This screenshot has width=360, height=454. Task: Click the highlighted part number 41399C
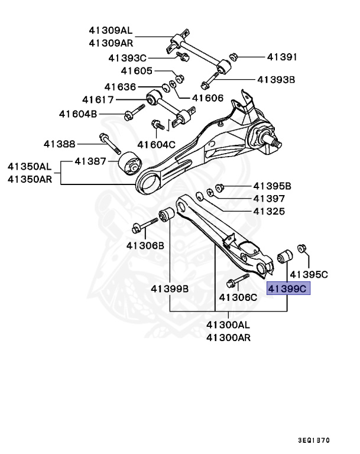pyautogui.click(x=288, y=289)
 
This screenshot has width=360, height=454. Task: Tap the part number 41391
pyautogui.click(x=281, y=57)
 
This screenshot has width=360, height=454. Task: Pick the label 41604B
pyautogui.click(x=77, y=113)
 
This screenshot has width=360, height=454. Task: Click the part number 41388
pyautogui.click(x=59, y=143)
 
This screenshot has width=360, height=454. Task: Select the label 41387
pyautogui.click(x=90, y=161)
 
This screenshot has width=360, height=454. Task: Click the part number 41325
pyautogui.click(x=269, y=211)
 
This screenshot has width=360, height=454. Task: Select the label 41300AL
pyautogui.click(x=228, y=325)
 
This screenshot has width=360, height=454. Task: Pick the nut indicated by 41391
pyautogui.click(x=233, y=57)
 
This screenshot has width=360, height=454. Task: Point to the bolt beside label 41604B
pyautogui.click(x=135, y=111)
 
